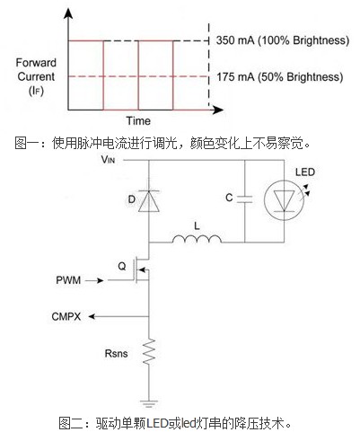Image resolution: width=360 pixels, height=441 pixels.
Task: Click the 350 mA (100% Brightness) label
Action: (283, 40)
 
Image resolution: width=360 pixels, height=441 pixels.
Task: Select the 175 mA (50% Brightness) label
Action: (280, 77)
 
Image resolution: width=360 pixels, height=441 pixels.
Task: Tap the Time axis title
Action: (138, 120)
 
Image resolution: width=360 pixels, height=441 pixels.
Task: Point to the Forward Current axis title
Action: (36, 76)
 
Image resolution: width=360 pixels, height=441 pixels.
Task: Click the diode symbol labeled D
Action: (149, 201)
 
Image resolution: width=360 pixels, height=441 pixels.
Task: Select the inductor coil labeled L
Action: (197, 239)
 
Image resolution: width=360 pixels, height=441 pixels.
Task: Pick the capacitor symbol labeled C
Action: (244, 198)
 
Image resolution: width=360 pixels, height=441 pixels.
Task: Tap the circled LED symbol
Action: (284, 200)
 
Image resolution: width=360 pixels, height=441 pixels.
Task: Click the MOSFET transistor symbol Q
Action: (142, 269)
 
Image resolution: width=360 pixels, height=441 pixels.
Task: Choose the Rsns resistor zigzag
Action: (149, 351)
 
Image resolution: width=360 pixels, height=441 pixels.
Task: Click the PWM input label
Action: (68, 280)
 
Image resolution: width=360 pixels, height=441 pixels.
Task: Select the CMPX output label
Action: (66, 316)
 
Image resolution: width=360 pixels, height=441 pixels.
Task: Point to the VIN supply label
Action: (108, 160)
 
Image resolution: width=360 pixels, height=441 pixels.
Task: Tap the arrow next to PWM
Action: (94, 280)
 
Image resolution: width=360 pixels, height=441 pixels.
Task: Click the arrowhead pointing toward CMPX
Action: (92, 316)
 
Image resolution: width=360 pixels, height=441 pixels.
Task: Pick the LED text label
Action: (305, 172)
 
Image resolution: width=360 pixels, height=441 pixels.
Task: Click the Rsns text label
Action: (116, 353)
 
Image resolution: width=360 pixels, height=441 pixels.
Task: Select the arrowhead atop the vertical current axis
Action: (68, 13)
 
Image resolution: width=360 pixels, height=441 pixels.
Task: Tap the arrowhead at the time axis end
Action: (217, 110)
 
